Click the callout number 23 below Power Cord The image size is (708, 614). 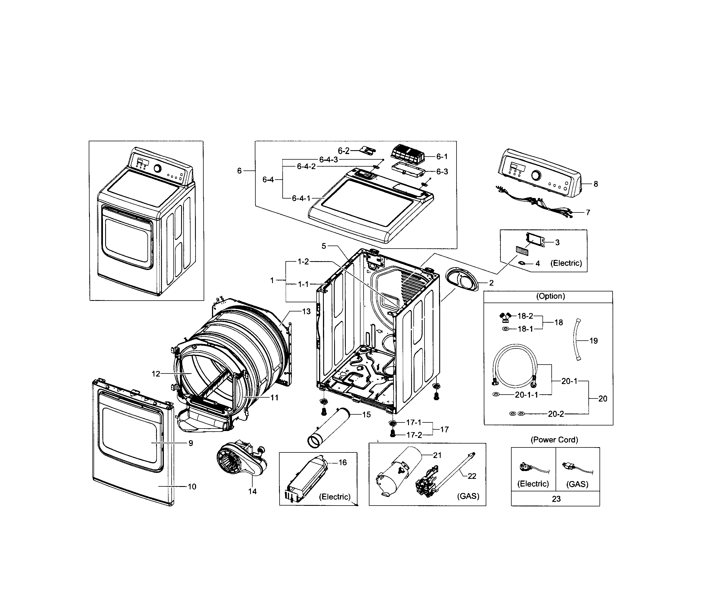coord(556,499)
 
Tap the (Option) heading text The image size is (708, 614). coord(550,296)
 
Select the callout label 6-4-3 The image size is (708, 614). coord(328,160)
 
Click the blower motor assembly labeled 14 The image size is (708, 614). coord(240,459)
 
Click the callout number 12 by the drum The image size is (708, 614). coord(156,374)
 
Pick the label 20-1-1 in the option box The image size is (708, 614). coord(526,395)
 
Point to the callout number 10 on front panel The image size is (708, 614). coord(192,487)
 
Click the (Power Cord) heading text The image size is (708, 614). coord(554,440)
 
